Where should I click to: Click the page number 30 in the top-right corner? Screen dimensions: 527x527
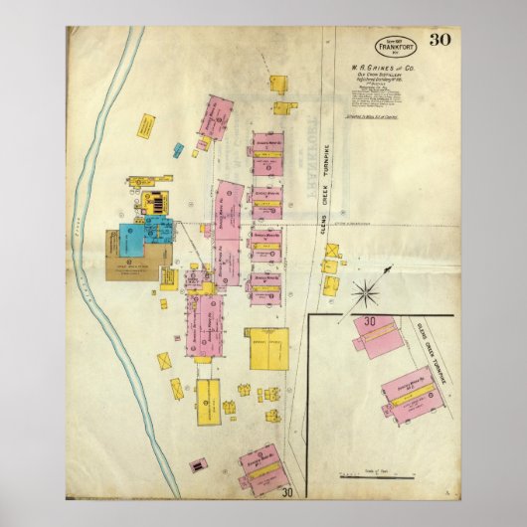coord(439,42)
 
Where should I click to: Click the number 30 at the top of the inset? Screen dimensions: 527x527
coord(370,322)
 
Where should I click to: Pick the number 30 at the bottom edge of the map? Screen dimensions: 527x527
coord(287,490)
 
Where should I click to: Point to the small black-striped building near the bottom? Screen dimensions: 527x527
coord(199,464)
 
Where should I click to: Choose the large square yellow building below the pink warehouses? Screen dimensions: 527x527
coord(266,348)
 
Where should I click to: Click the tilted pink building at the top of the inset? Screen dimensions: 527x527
coord(380,345)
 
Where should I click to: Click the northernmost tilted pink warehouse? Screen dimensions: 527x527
coord(218,116)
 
